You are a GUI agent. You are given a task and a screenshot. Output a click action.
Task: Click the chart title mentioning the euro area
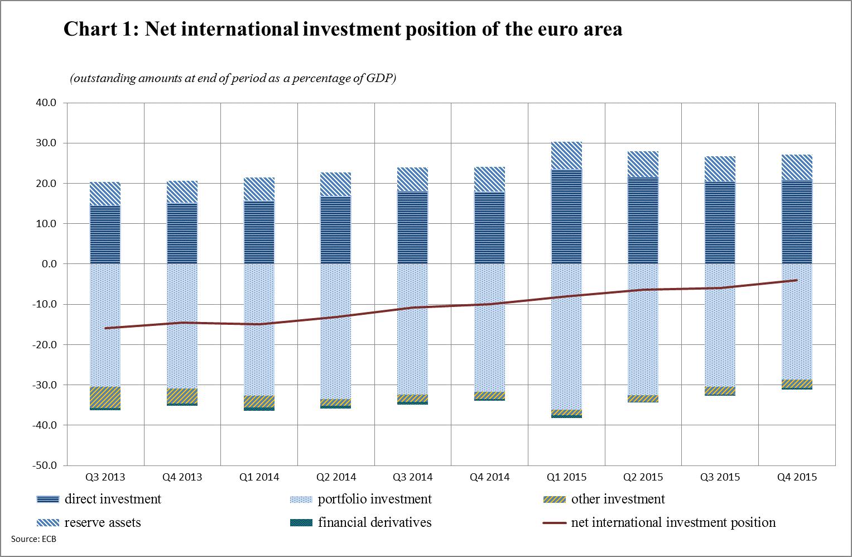coord(343,29)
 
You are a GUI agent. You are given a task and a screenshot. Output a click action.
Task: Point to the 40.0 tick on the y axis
coord(46,103)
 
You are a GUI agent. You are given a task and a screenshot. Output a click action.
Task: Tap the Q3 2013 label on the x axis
coord(105,477)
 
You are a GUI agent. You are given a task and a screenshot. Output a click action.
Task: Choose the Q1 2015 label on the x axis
coord(566,477)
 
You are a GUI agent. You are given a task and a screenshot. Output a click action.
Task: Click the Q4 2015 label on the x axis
coord(797,477)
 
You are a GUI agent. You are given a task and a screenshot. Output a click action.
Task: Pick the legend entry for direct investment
coord(112,499)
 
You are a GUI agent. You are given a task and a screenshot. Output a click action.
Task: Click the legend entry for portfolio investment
coord(374,499)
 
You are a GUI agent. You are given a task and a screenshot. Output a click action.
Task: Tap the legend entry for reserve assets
coord(102,522)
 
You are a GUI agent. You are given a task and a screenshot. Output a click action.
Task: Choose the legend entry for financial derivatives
coord(374,522)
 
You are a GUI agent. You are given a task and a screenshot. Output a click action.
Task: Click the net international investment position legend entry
coord(673,522)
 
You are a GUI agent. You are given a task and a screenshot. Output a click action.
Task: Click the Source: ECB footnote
coord(33,539)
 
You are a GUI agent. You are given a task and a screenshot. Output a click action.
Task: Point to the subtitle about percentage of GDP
coord(233,79)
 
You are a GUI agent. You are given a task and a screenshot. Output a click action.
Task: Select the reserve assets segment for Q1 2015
coord(566,156)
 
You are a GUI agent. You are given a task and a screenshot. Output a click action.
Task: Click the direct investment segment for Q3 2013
coord(105,234)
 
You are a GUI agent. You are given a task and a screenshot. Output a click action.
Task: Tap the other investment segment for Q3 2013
coord(105,397)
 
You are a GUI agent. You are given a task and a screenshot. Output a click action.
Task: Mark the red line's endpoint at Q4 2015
coord(796,280)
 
